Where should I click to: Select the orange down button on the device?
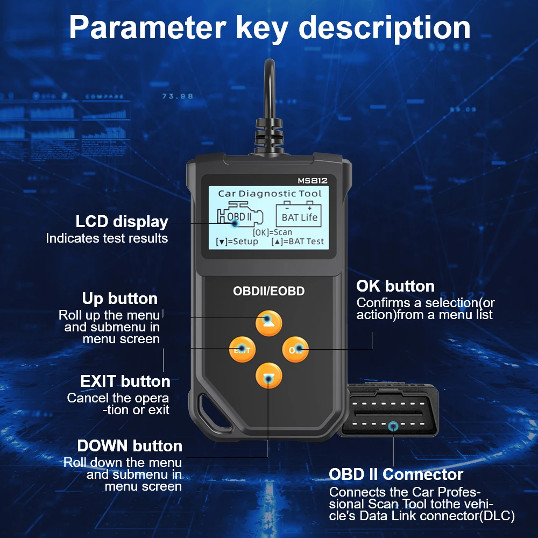pos(268,377)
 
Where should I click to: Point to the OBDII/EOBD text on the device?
pos(268,291)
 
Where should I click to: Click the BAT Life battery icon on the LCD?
pos(300,214)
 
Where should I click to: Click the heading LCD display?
pos(122,222)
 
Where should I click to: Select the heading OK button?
pos(395,286)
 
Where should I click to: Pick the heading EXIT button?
pos(125,381)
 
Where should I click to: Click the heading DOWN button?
pos(130,446)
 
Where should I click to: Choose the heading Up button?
pos(120,299)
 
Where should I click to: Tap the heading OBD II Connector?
pos(396,475)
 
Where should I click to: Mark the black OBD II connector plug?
pos(388,412)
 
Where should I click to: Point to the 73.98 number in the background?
pos(178,96)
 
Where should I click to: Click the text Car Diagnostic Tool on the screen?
pos(270,193)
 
